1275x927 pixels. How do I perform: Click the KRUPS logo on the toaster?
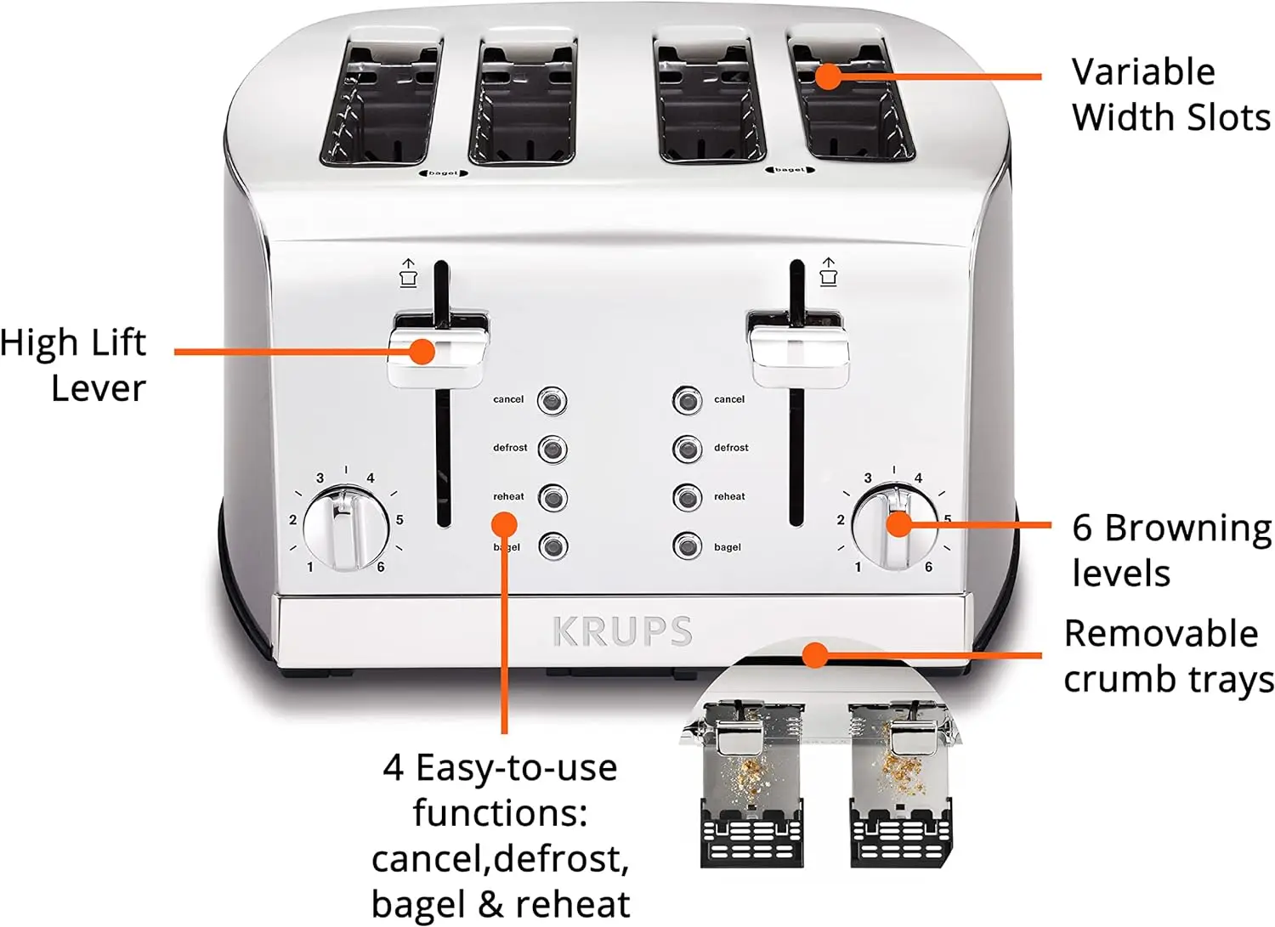[622, 631]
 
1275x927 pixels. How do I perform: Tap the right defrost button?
[687, 449]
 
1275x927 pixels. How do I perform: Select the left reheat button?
[552, 497]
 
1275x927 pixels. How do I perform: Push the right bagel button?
[687, 546]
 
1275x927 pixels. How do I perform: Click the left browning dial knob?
[346, 528]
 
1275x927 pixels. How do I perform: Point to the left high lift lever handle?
[439, 350]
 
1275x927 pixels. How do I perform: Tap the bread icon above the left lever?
[409, 274]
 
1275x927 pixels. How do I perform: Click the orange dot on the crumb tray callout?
[815, 654]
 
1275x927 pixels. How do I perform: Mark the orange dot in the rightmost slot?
[827, 76]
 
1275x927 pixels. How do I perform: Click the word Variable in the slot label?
[1142, 72]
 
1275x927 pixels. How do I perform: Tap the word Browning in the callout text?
[1187, 529]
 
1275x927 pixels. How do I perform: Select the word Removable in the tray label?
[1161, 634]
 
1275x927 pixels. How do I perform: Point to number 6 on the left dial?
[381, 567]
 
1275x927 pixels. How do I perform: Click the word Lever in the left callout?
[99, 388]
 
